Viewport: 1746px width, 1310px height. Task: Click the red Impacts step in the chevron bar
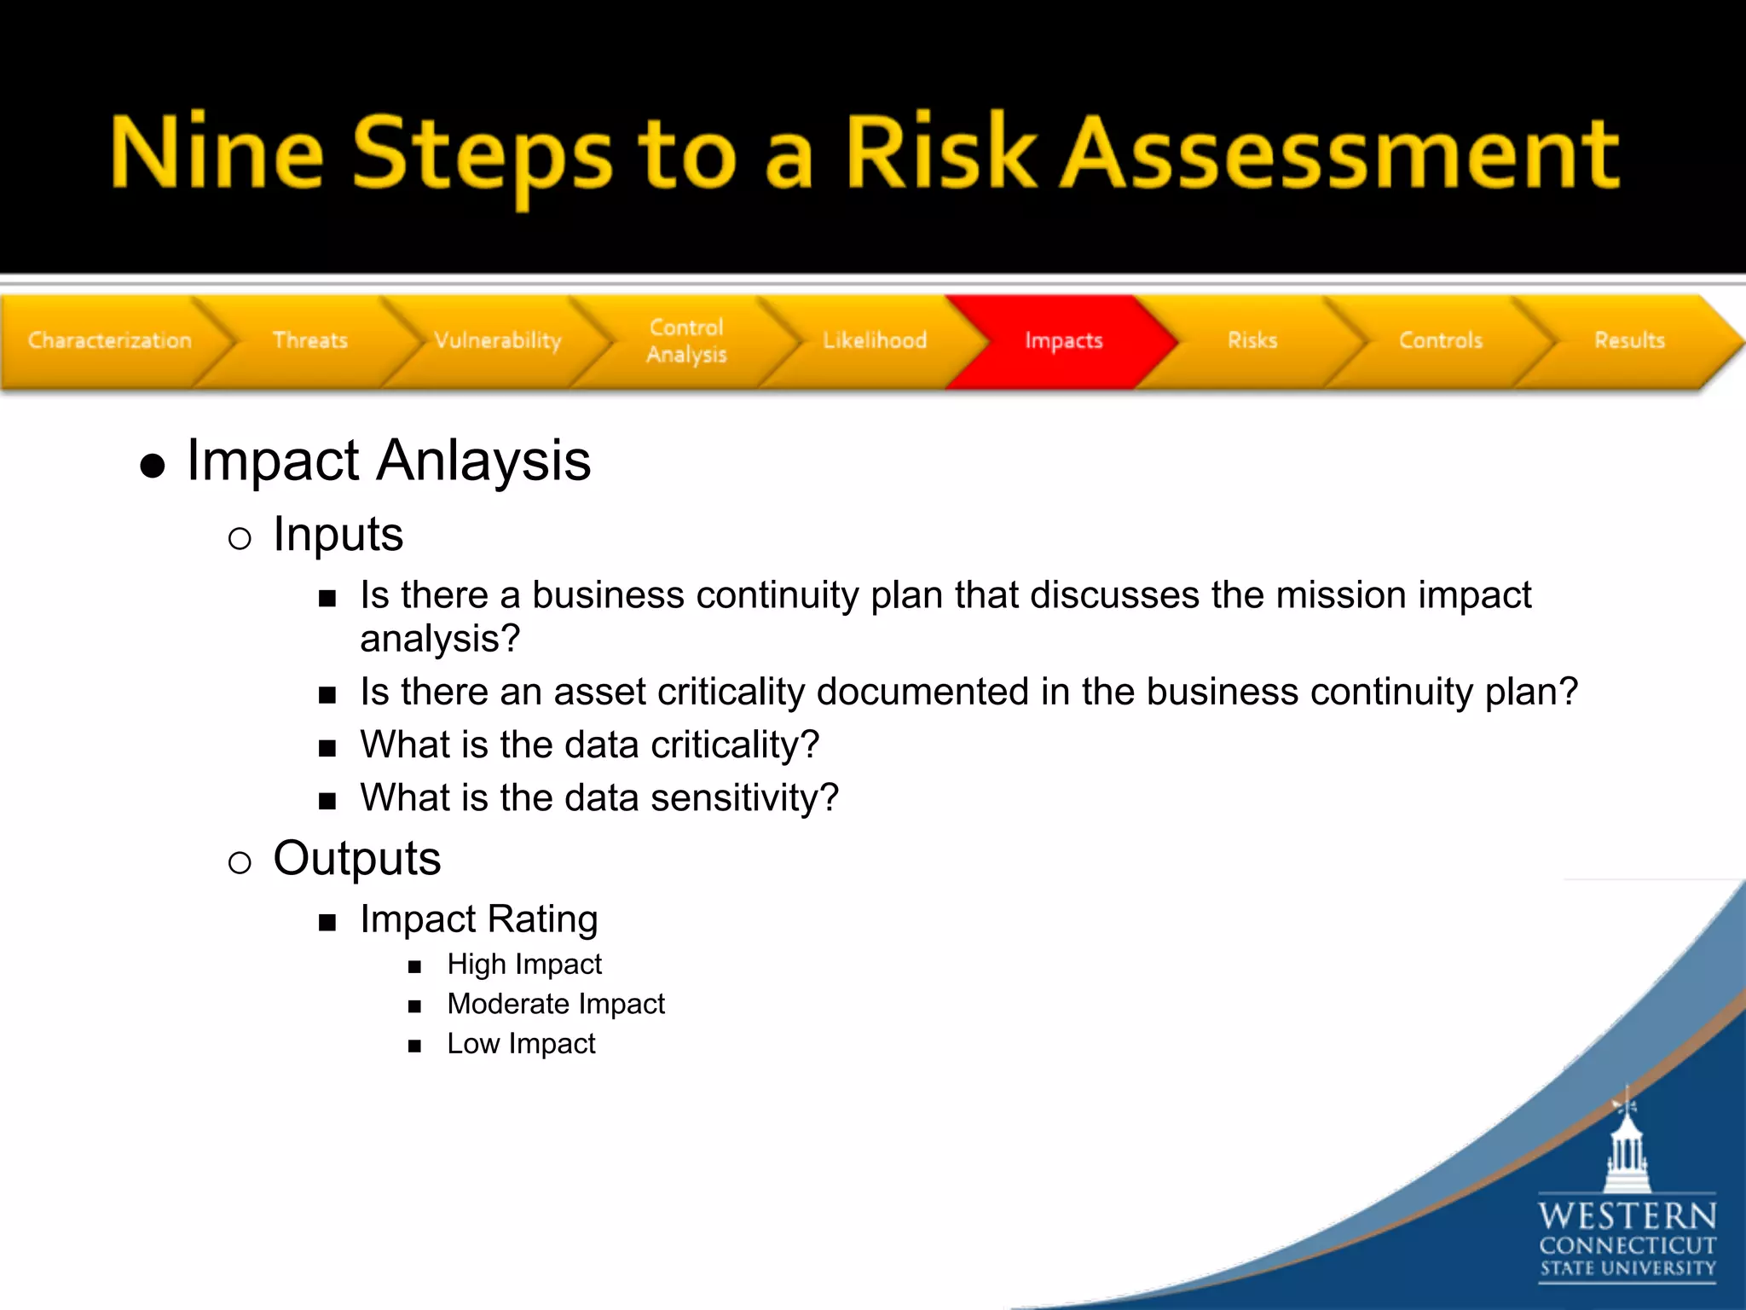point(1063,340)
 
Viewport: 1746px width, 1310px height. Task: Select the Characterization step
point(110,340)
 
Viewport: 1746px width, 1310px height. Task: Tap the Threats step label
point(310,340)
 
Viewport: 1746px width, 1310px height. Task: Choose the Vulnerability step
point(498,340)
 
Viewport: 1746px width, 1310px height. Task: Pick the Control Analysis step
point(686,340)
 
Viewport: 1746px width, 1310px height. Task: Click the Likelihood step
point(875,340)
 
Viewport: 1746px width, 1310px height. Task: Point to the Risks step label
point(1252,340)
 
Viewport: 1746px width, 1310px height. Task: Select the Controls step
point(1441,340)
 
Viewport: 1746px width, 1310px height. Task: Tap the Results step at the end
point(1629,340)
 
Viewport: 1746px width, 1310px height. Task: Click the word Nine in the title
point(217,154)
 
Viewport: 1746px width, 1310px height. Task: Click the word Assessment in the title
point(1338,154)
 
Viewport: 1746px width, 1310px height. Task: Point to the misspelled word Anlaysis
point(483,461)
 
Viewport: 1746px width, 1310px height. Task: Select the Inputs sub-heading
point(338,535)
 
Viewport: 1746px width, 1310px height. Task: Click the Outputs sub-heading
point(356,858)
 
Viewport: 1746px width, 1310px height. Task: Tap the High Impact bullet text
point(524,965)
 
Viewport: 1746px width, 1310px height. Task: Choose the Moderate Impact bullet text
point(556,1004)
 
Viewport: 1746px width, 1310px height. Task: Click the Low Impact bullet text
point(521,1044)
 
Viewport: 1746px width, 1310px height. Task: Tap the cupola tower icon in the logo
point(1627,1147)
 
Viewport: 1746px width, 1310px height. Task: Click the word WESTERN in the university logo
point(1627,1215)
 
